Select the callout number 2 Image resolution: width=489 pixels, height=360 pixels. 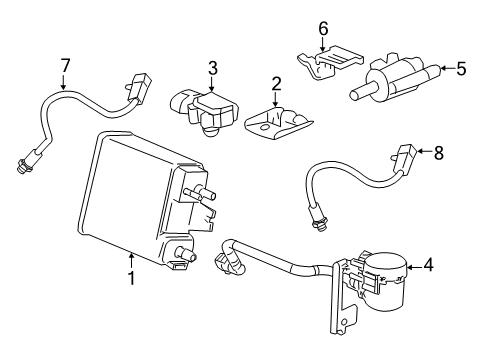277,83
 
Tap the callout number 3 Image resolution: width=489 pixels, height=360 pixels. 212,68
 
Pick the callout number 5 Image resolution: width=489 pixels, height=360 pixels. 462,70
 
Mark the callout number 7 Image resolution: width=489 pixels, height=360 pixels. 65,66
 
